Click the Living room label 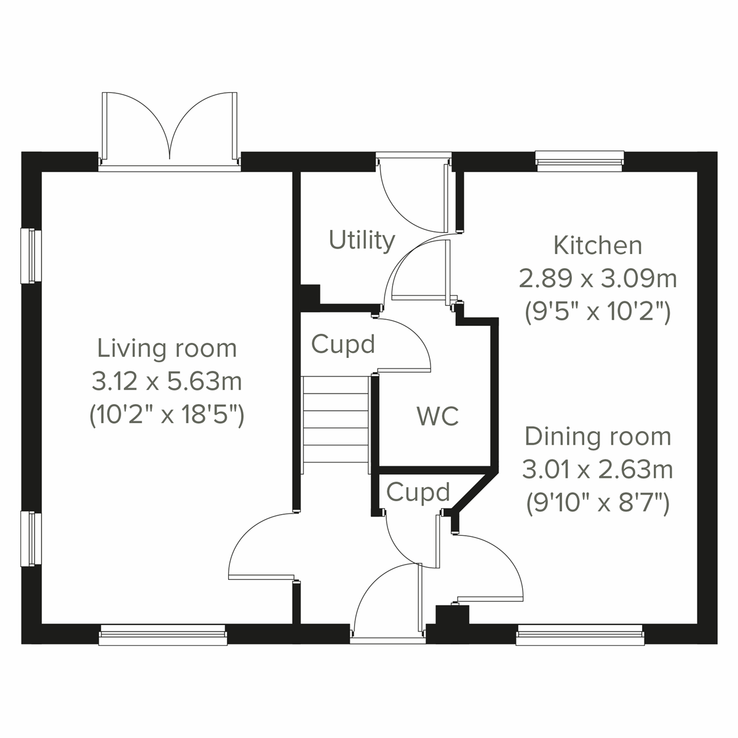pyautogui.click(x=167, y=349)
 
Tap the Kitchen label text pyautogui.click(x=597, y=245)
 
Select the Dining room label pyautogui.click(x=597, y=437)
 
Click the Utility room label pyautogui.click(x=362, y=240)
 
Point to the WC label pyautogui.click(x=438, y=416)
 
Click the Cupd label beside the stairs pyautogui.click(x=343, y=344)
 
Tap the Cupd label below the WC pyautogui.click(x=418, y=493)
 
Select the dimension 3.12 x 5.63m pyautogui.click(x=167, y=382)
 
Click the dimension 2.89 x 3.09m pyautogui.click(x=597, y=279)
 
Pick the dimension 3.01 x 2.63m pyautogui.click(x=597, y=470)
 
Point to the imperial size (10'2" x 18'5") pyautogui.click(x=167, y=416)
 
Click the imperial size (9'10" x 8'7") pyautogui.click(x=597, y=504)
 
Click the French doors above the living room pyautogui.click(x=169, y=129)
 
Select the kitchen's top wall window pyautogui.click(x=580, y=161)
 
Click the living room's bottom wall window pyautogui.click(x=162, y=635)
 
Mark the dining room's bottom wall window pyautogui.click(x=580, y=635)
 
